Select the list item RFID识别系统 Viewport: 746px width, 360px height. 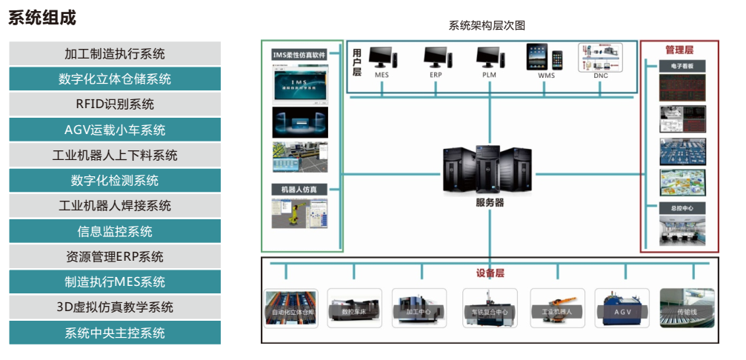[115, 104]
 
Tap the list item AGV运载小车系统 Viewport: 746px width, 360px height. [115, 130]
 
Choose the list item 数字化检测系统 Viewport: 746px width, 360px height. [115, 181]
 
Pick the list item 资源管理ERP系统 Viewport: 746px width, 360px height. [115, 257]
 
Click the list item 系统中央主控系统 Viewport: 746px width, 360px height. [115, 333]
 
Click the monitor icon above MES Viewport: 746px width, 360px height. [382, 57]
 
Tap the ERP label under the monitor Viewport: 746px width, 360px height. [436, 75]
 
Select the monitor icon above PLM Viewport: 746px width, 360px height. [489, 57]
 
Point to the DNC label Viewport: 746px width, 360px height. [601, 75]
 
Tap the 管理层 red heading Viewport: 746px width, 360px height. [679, 50]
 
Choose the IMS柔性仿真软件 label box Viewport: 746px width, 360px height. [299, 54]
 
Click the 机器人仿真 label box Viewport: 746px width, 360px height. [299, 190]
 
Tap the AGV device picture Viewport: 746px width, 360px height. [622, 307]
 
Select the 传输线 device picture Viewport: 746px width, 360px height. [687, 307]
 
